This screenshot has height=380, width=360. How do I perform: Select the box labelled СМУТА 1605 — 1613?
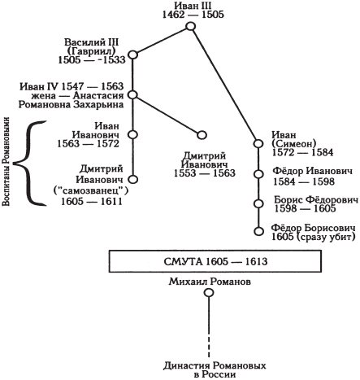(215, 261)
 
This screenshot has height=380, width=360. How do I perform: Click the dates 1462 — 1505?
(193, 15)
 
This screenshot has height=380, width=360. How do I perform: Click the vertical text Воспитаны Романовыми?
(7, 162)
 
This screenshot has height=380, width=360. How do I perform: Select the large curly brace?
(29, 163)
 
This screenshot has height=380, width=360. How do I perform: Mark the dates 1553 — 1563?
(205, 173)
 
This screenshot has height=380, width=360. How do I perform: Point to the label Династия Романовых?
(215, 365)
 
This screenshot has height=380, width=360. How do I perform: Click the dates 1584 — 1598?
(304, 181)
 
